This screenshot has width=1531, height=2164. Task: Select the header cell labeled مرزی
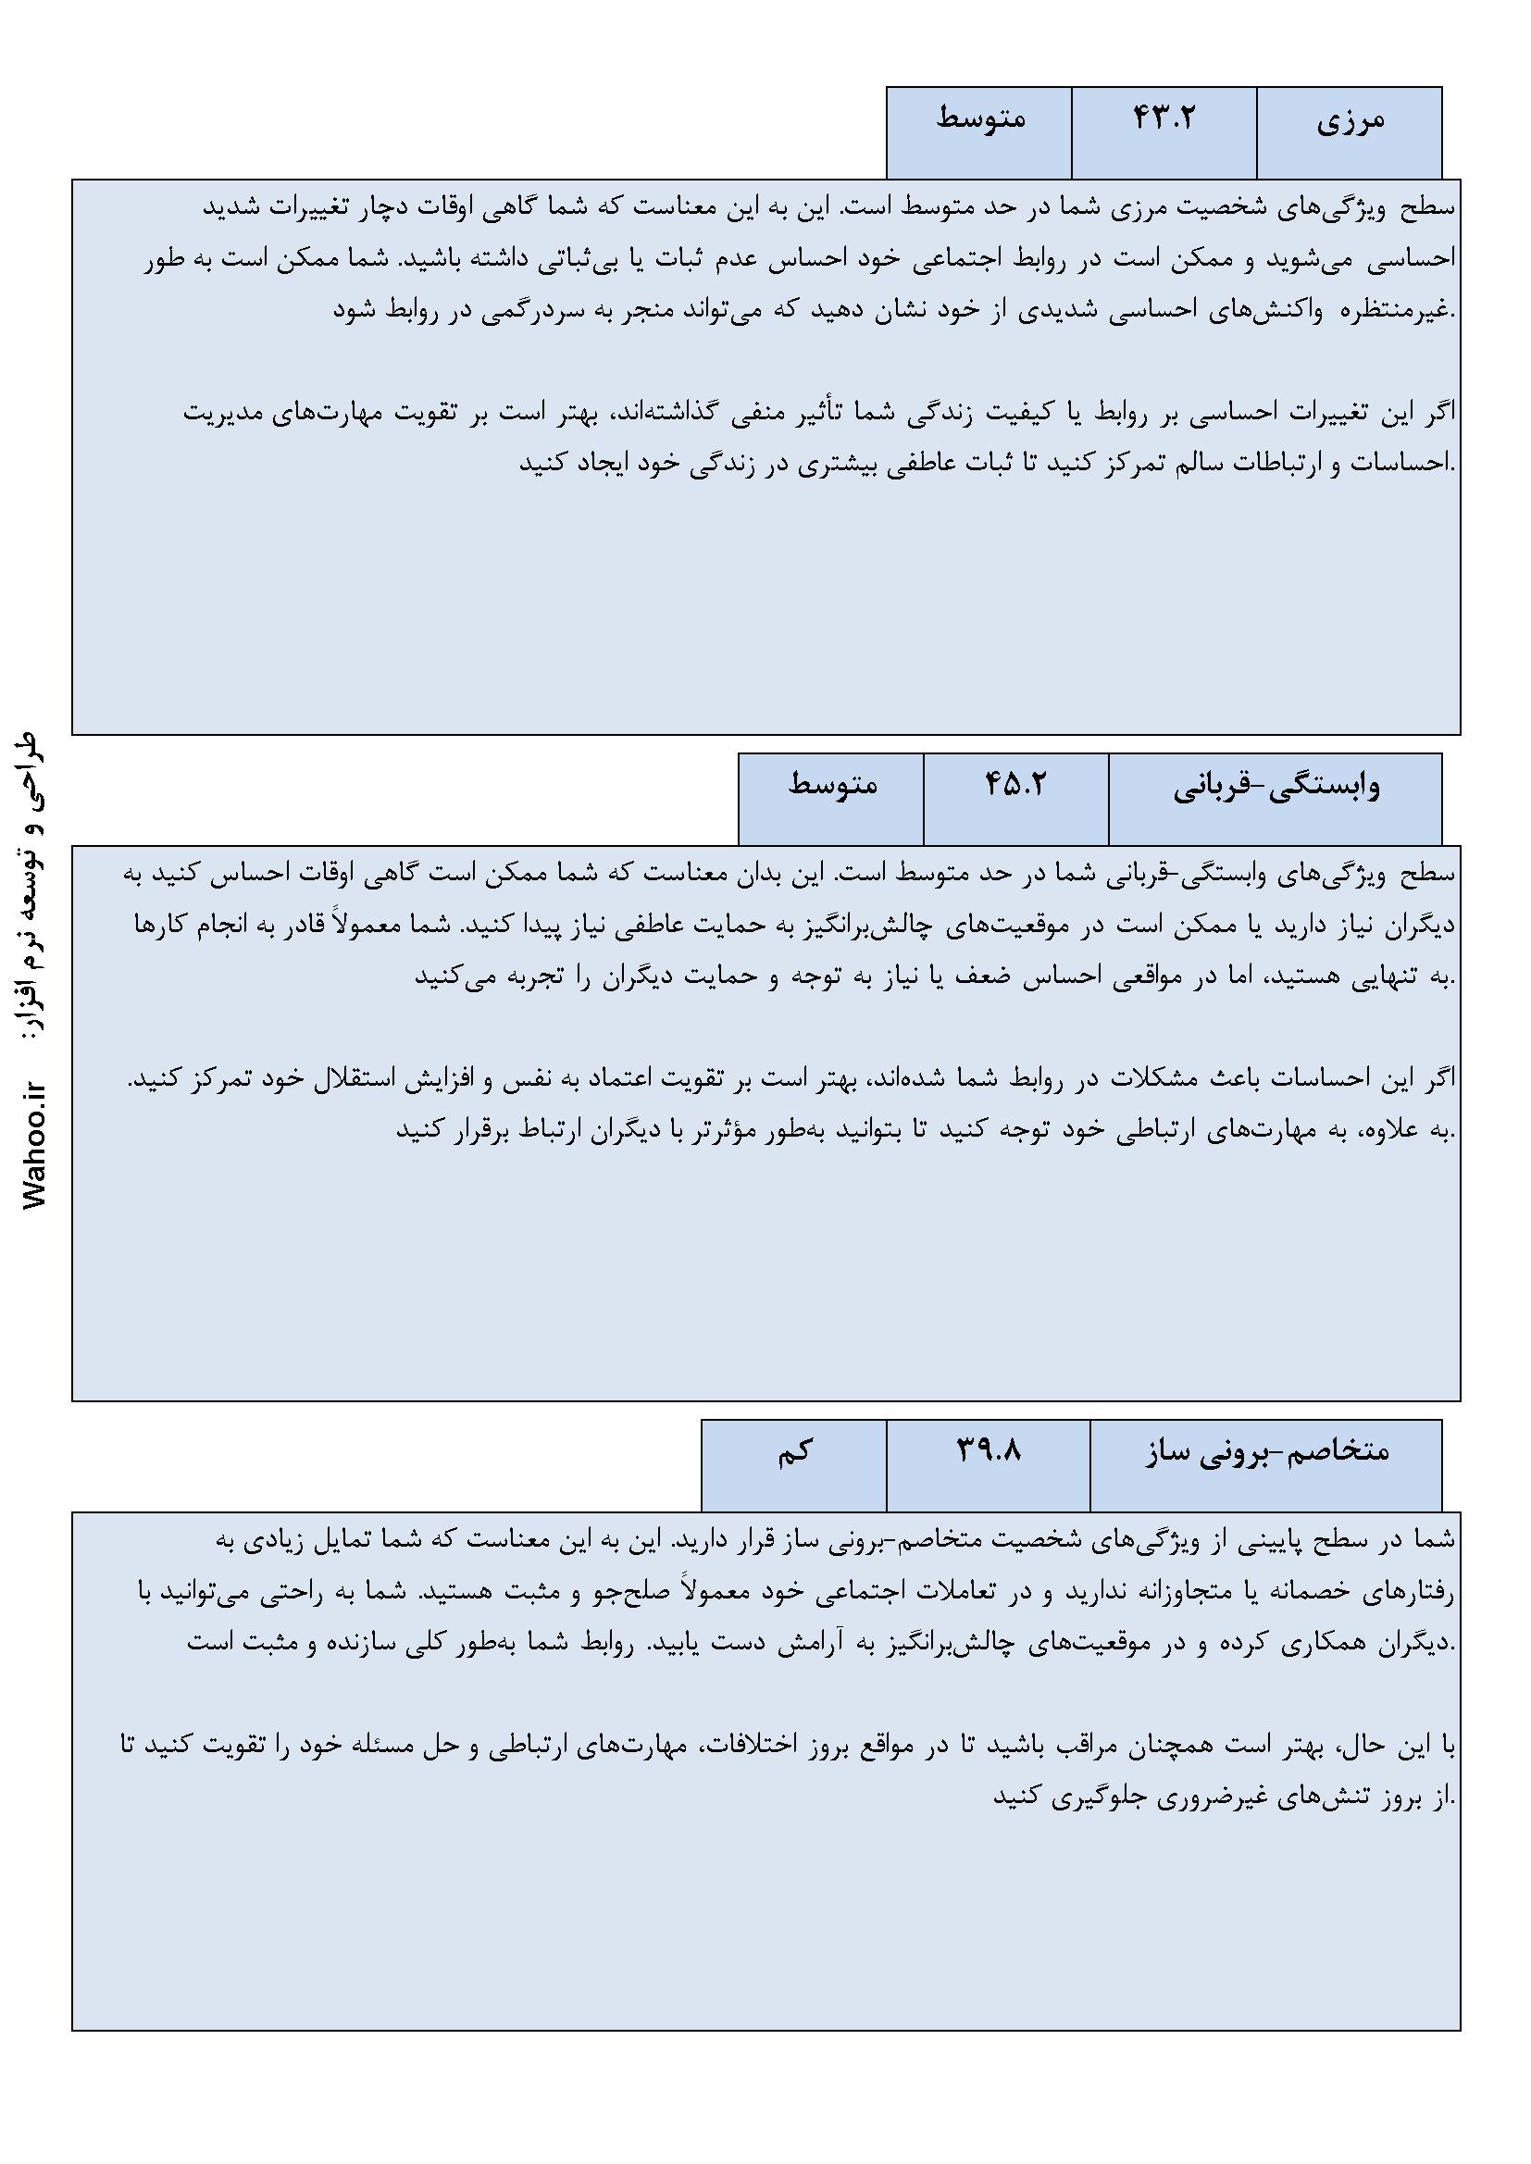click(x=1350, y=121)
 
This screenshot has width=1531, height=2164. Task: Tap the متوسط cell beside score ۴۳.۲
click(x=980, y=119)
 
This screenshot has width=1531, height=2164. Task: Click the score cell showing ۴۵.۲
click(x=1015, y=785)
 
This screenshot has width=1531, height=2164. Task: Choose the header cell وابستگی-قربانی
click(x=1276, y=787)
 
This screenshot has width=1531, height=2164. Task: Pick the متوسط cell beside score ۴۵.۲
click(x=832, y=785)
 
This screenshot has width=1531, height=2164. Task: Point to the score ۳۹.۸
click(x=989, y=1452)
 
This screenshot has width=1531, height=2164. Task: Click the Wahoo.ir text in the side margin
click(x=39, y=1145)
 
